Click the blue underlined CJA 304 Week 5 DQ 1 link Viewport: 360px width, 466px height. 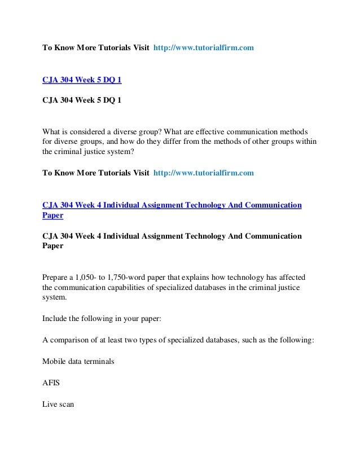(x=82, y=80)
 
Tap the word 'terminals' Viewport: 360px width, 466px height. (x=100, y=361)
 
